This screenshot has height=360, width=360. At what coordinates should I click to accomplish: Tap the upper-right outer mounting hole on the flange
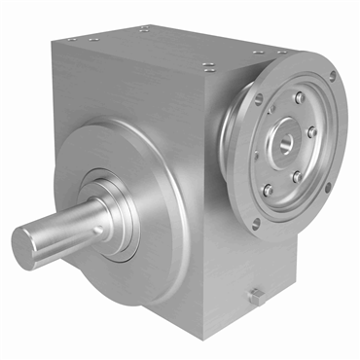point(332,75)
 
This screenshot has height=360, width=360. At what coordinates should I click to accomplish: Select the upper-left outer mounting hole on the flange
point(259,97)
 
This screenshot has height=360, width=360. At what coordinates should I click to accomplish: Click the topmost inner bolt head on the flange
point(300,96)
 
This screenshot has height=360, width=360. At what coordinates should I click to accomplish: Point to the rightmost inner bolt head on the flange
point(312,131)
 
